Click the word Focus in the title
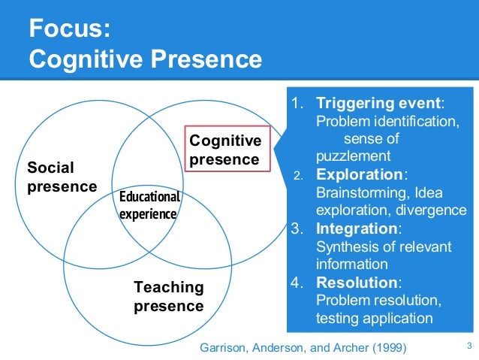pyautogui.click(x=67, y=30)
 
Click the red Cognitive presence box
pyautogui.click(x=224, y=150)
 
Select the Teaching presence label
pyautogui.click(x=168, y=296)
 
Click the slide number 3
pyautogui.click(x=468, y=346)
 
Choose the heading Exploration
pyautogui.click(x=360, y=174)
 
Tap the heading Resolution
pyautogui.click(x=357, y=283)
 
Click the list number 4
pyautogui.click(x=297, y=283)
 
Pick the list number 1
pyautogui.click(x=297, y=104)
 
